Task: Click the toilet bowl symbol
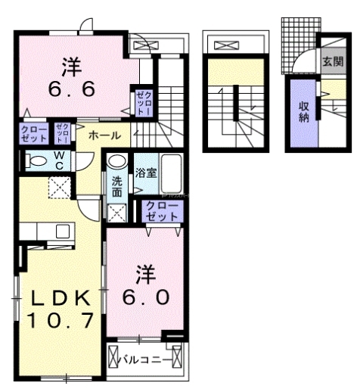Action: tap(34, 159)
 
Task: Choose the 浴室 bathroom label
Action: tap(146, 172)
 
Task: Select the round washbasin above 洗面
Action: tap(116, 161)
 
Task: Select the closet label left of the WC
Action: tap(34, 135)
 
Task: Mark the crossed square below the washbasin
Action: tap(117, 212)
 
